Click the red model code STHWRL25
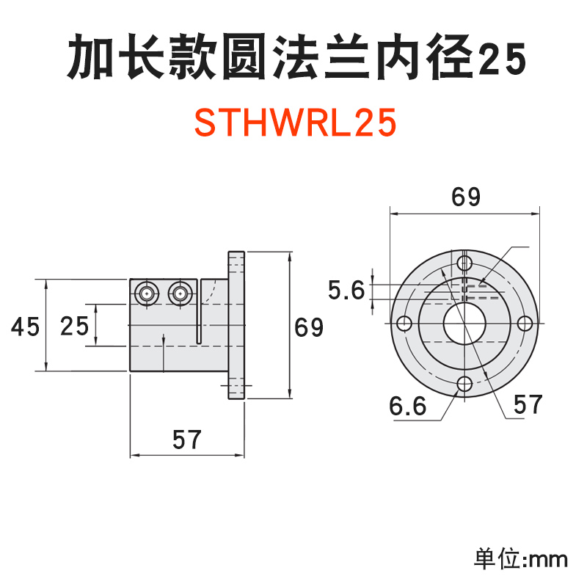click(x=295, y=123)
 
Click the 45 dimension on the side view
click(x=25, y=326)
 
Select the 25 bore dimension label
click(x=74, y=325)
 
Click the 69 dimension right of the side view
click(x=309, y=327)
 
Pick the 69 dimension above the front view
click(x=465, y=197)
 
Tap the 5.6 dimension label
click(x=346, y=291)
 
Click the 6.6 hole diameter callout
click(x=408, y=406)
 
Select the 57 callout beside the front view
click(x=527, y=404)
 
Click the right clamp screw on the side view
click(x=178, y=293)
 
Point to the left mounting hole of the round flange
click(x=404, y=324)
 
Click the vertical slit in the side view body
click(x=198, y=312)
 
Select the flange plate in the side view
click(x=236, y=327)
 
